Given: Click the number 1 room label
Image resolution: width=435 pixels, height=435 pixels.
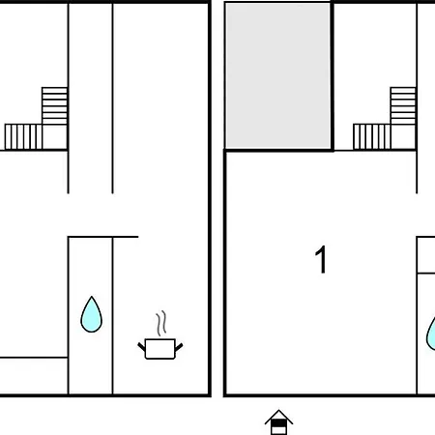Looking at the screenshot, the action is point(321,260).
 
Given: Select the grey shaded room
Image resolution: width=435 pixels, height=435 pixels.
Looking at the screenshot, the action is point(277,76).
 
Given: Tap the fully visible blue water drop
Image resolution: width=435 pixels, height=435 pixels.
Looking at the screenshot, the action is point(92,315).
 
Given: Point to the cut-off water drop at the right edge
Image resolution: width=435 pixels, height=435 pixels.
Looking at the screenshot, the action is point(431,333).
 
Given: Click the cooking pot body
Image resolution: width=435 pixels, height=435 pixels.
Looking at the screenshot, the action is point(160,349).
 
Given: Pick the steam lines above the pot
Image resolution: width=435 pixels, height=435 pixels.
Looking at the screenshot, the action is point(161,323).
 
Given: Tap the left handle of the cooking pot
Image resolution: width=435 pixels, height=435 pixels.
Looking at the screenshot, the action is point(141,347).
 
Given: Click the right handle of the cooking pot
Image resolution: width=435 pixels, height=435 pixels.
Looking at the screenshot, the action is point(179,347).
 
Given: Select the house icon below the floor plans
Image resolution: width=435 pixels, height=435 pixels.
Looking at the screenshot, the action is point(278,422).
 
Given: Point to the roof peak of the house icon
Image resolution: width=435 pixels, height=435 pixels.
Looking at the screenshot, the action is point(278,410).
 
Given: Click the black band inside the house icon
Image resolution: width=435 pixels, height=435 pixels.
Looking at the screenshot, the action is point(278,422).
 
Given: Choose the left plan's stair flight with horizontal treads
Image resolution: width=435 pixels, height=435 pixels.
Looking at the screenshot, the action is point(54,105).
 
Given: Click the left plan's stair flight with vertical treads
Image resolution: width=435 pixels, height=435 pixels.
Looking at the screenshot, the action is point(23,137).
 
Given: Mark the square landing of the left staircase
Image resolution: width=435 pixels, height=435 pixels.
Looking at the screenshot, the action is point(55,137).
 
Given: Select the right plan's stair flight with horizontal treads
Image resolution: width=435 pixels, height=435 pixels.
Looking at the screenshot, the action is point(403,105).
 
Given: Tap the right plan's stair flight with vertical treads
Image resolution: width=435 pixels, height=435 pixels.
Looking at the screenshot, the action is point(372,137).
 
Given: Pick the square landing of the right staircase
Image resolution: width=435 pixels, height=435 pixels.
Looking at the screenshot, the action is point(403,137).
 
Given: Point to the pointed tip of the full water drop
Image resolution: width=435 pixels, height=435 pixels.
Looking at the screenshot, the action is point(92,297).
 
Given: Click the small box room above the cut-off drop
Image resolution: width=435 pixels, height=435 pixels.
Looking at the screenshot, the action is point(426,255).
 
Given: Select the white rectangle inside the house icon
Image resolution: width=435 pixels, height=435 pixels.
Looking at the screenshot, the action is point(278,430).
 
